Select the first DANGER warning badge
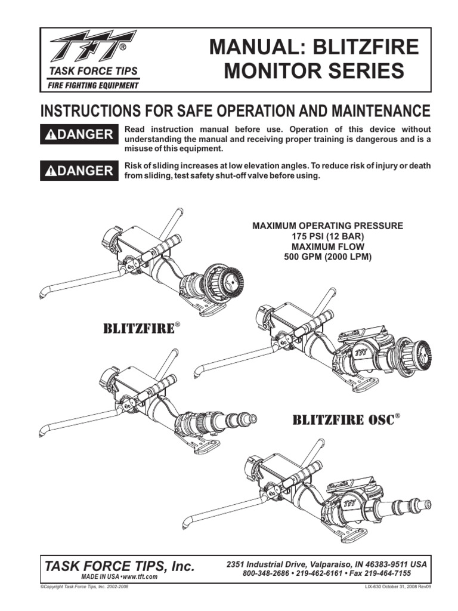coord(78,134)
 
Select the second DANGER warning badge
coord(78,171)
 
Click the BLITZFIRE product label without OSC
coord(141,329)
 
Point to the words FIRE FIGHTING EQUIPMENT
coord(94,85)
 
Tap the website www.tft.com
coord(140,578)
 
